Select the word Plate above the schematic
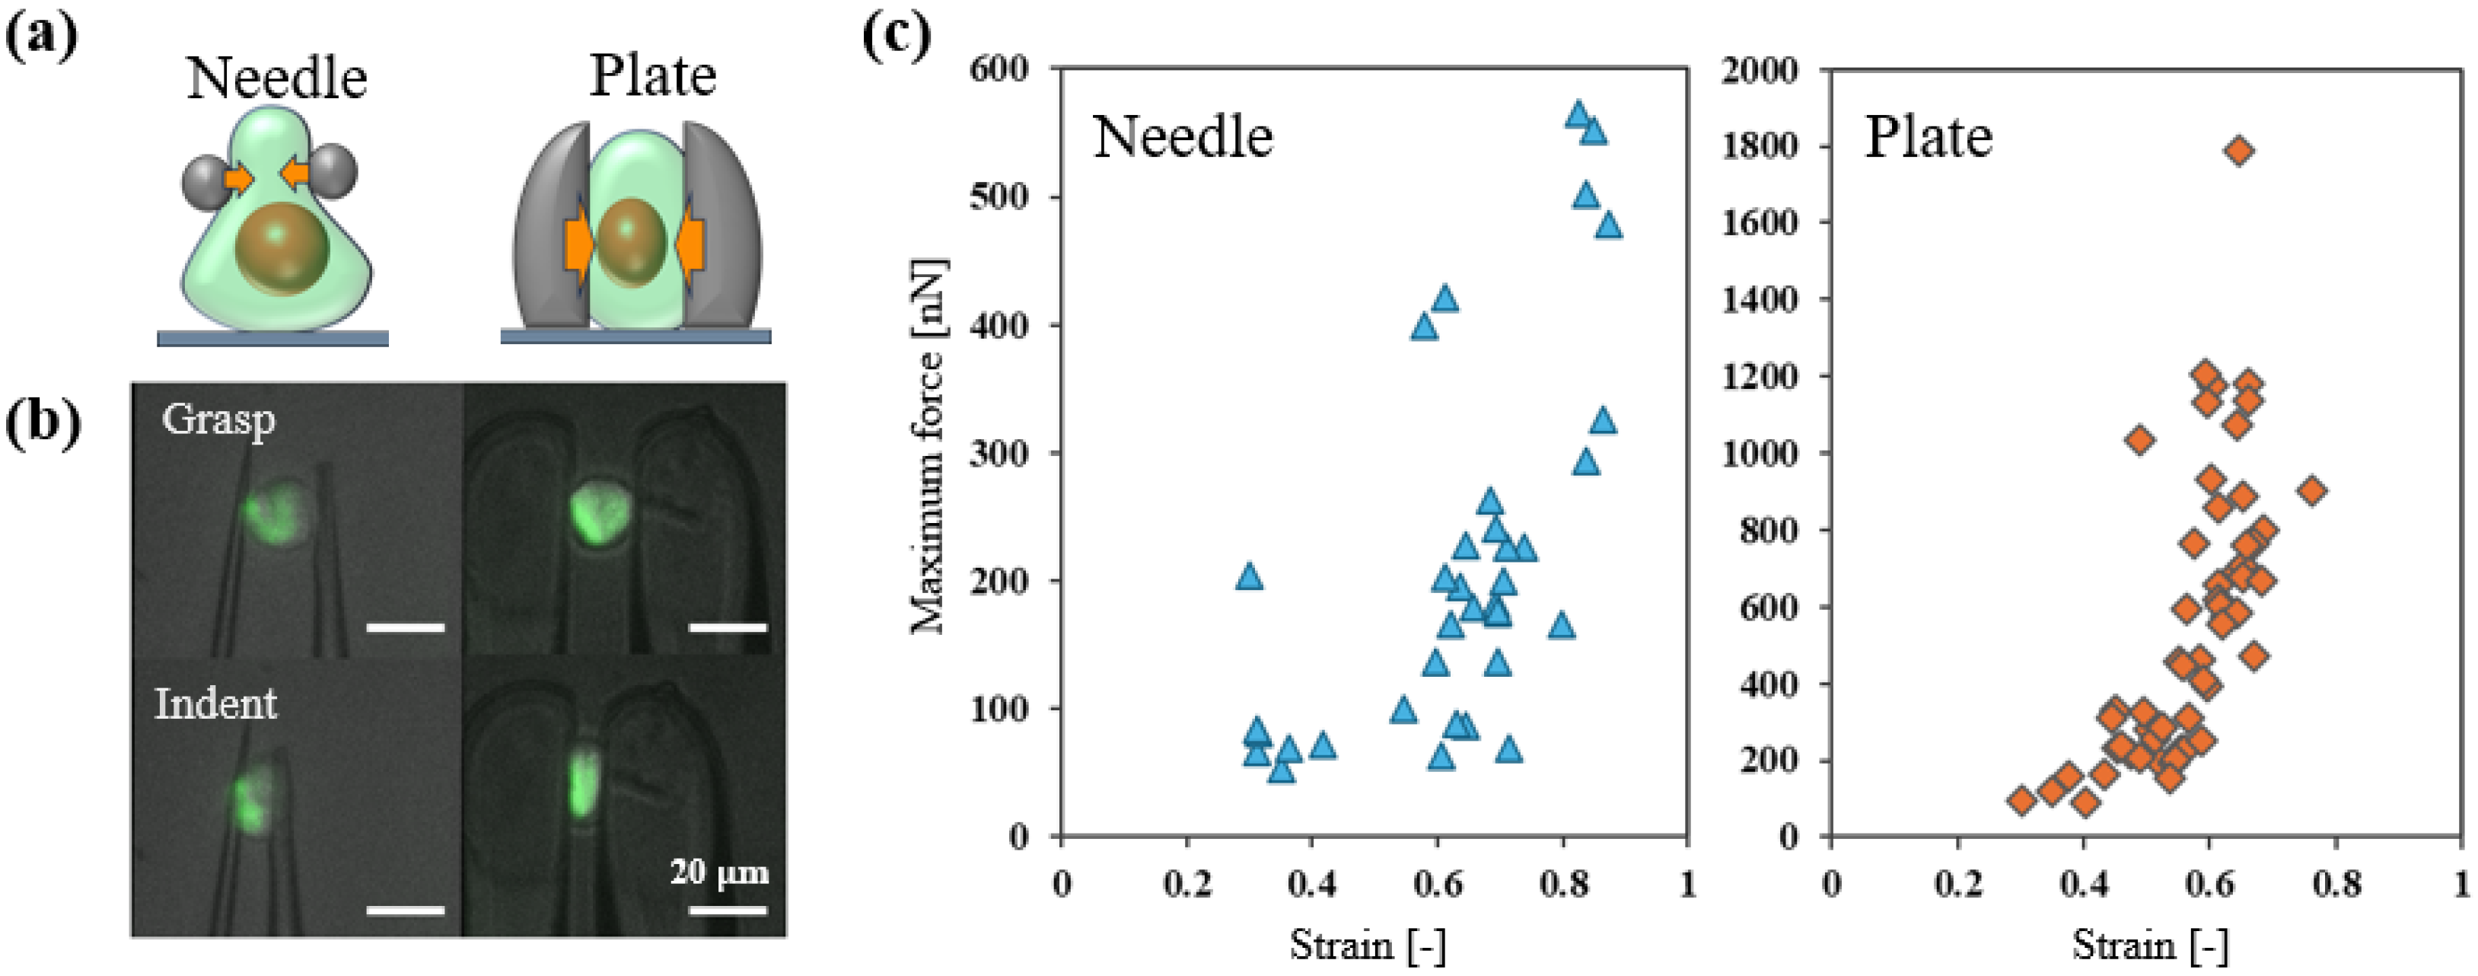(x=652, y=76)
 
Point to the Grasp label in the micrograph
(x=218, y=420)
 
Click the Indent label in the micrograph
(x=215, y=703)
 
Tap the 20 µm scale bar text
(x=719, y=872)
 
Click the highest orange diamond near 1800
(x=2240, y=150)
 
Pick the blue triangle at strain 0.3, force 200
(x=1249, y=576)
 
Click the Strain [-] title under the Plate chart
(x=2149, y=946)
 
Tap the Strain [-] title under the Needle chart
(x=1367, y=946)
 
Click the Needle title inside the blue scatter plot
(x=1183, y=137)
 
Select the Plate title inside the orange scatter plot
(x=1929, y=137)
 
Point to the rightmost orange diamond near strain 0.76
(x=2313, y=491)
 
